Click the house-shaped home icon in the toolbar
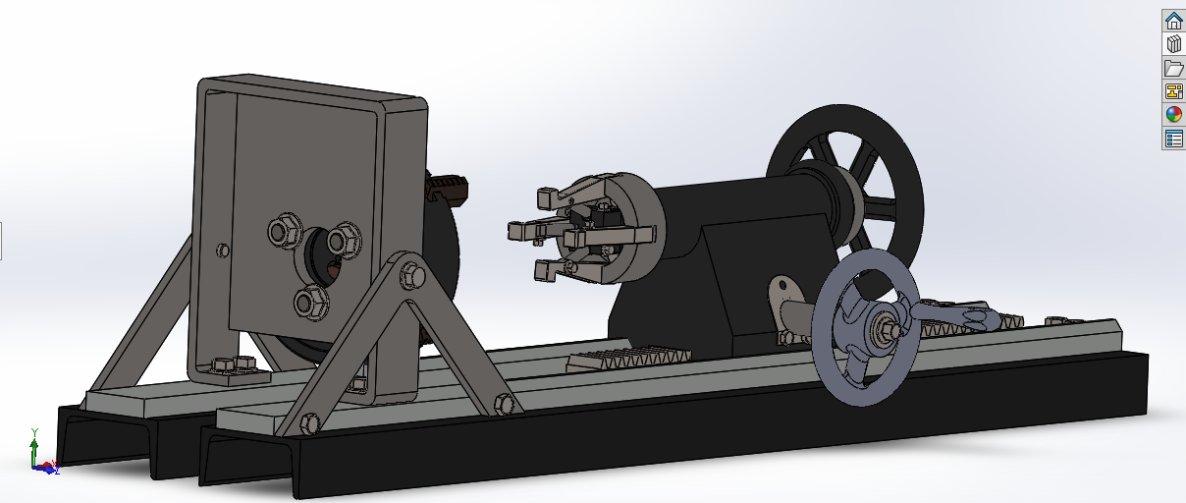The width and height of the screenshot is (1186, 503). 1173,21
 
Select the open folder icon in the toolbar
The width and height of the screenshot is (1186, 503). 1173,68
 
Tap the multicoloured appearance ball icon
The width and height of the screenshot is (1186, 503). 1173,114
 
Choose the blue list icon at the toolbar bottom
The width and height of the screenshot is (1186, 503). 1173,139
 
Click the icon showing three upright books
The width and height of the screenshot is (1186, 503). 1173,44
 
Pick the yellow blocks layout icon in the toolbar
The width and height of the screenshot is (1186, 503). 1173,91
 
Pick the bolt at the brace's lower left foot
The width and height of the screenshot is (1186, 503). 309,423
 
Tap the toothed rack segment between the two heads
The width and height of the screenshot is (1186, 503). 628,359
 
